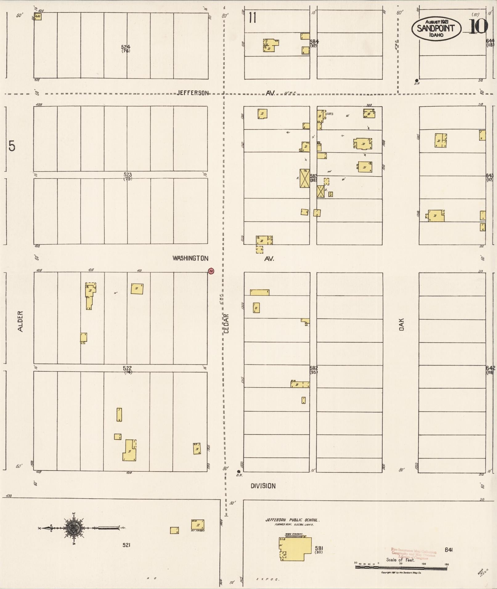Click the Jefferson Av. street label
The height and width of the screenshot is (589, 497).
[193, 93]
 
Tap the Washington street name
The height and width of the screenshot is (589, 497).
[190, 258]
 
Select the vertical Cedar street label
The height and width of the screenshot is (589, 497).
[226, 323]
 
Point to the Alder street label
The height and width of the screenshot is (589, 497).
[20, 321]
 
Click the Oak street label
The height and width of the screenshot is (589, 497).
[401, 325]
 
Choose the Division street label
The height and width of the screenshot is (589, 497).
[263, 486]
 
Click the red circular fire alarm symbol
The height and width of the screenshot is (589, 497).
[211, 271]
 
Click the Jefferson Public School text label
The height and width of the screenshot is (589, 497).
[292, 520]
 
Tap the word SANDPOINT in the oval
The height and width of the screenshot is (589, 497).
[435, 28]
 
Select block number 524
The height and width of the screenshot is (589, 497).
[125, 47]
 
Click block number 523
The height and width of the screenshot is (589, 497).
[127, 175]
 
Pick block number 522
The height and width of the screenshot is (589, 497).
[127, 368]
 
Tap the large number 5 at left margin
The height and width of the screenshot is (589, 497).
[12, 146]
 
